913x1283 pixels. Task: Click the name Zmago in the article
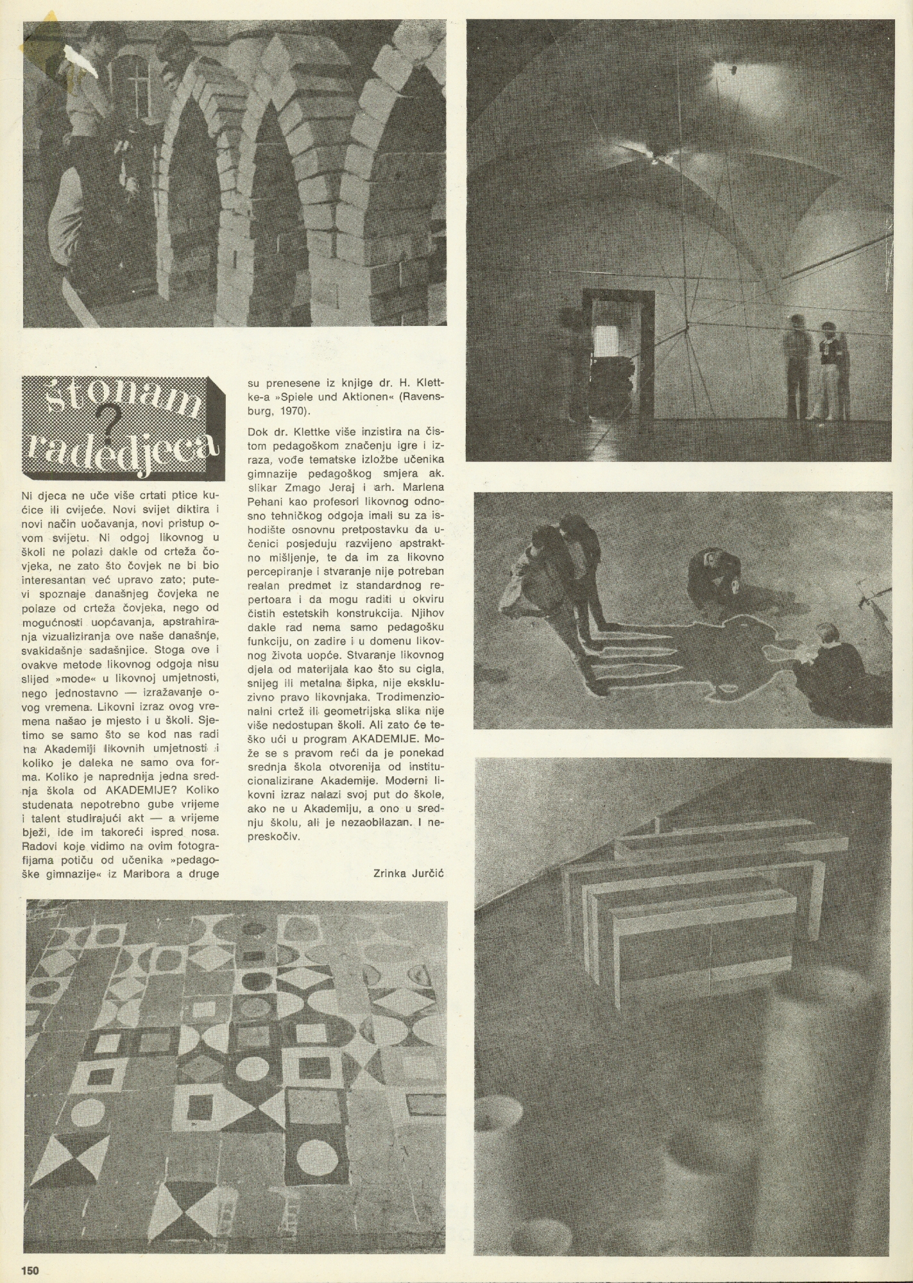click(321, 486)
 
